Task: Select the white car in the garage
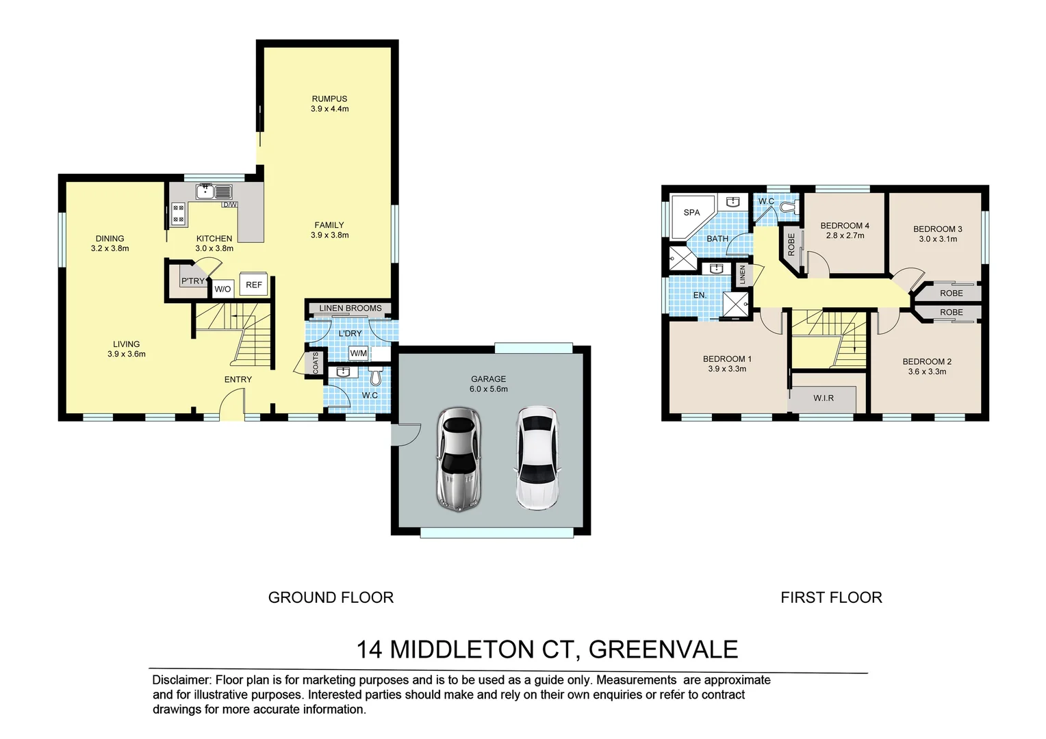[x=537, y=458]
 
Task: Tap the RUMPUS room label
[x=329, y=99]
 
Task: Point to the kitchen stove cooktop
[x=178, y=213]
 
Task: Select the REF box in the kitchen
[x=254, y=285]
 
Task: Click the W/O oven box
[x=222, y=289]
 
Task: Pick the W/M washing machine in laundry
[x=358, y=353]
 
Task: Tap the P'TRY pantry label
[x=192, y=281]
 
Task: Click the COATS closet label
[x=316, y=363]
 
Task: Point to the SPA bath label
[x=691, y=213]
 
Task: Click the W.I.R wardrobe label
[x=824, y=398]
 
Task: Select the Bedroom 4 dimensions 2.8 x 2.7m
[x=845, y=235]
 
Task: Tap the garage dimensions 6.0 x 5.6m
[x=489, y=389]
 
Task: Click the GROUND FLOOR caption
[x=331, y=597]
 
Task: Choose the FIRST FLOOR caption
[x=831, y=597]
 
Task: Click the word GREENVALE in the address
[x=663, y=649]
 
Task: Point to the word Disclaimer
[x=181, y=680]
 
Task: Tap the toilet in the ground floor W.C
[x=375, y=376]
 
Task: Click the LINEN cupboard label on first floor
[x=742, y=275]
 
